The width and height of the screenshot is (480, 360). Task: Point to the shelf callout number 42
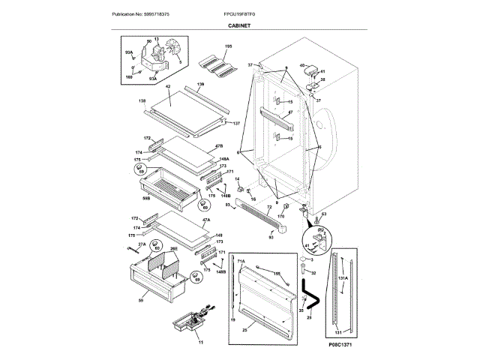coord(168,88)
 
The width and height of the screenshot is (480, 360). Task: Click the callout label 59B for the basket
coord(146,198)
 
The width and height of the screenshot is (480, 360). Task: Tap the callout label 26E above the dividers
coord(173,248)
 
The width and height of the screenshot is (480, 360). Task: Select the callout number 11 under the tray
coord(200,342)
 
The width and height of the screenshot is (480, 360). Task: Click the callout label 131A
coord(342,277)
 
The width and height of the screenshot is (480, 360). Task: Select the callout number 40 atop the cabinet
coord(302,65)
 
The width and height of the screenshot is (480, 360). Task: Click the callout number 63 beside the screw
coord(324,215)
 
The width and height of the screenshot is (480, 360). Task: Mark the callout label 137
coord(235,123)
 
